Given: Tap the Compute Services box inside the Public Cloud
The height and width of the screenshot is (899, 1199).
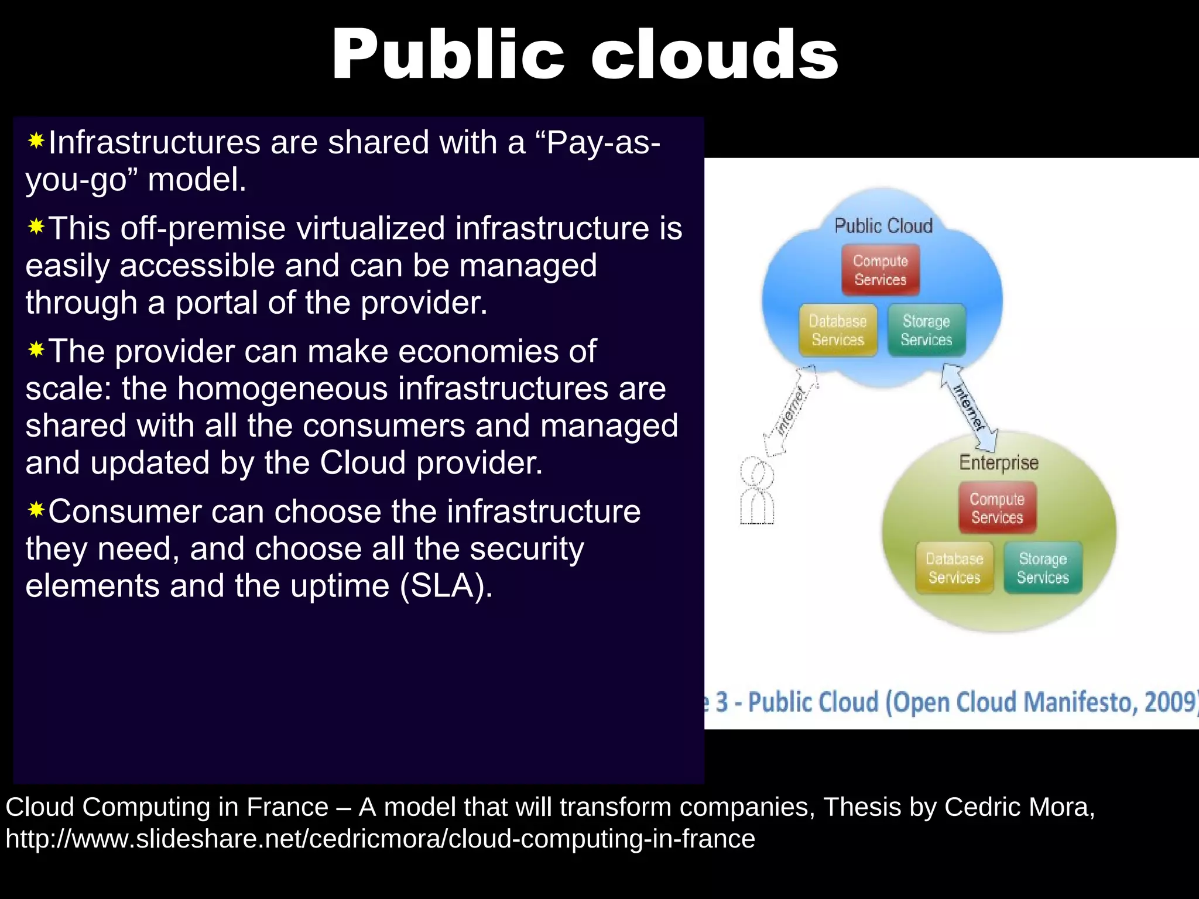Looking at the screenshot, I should click(x=881, y=270).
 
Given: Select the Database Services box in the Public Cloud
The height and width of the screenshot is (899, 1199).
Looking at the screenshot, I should click(x=838, y=330).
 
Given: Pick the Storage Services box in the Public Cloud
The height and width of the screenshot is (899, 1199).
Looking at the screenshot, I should click(x=926, y=330).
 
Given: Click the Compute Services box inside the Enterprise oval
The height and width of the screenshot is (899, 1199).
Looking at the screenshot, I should click(x=997, y=507).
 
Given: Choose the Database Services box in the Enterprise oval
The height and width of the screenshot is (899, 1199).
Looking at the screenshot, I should click(x=954, y=568).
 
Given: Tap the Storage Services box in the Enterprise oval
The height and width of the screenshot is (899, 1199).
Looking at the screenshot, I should click(x=1043, y=568).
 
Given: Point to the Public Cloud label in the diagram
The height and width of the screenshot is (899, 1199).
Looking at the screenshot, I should click(x=883, y=225).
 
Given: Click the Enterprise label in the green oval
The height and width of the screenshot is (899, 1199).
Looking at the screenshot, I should click(x=998, y=462).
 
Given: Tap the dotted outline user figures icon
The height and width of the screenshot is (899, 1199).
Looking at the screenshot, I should click(x=757, y=492).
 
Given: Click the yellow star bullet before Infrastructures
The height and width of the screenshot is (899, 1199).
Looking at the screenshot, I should click(x=36, y=141).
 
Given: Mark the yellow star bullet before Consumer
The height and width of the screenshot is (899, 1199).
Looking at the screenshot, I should click(x=36, y=510).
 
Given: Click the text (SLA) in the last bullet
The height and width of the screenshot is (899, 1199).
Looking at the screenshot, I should click(x=446, y=586).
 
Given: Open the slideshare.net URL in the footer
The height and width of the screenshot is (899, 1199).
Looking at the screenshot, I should click(x=380, y=839).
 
